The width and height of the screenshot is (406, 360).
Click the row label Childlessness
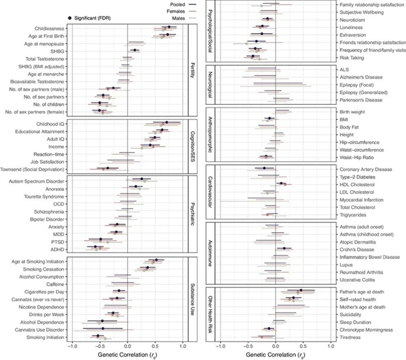46,27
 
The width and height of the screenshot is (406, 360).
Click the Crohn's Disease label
356,248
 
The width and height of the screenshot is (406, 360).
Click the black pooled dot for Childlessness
168,27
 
